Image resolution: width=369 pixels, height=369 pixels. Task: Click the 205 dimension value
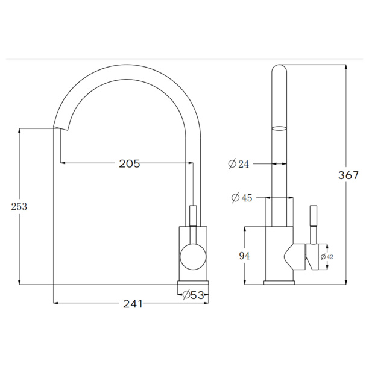coord(130,163)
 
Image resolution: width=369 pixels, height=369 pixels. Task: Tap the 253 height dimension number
coord(19,207)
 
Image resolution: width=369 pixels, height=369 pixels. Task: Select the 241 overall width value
coord(133,304)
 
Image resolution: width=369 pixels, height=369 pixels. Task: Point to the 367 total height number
coord(348,175)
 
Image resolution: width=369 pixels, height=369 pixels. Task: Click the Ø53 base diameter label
coord(193,295)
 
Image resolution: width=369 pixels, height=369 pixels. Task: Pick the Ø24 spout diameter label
coord(238,164)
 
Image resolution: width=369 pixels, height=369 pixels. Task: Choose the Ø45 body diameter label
coord(242,198)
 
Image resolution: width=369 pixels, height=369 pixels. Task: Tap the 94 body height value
coord(245,256)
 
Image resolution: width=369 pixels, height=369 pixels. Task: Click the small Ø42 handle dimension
coord(327,257)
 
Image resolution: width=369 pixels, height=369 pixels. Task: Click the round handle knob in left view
coord(193,257)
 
